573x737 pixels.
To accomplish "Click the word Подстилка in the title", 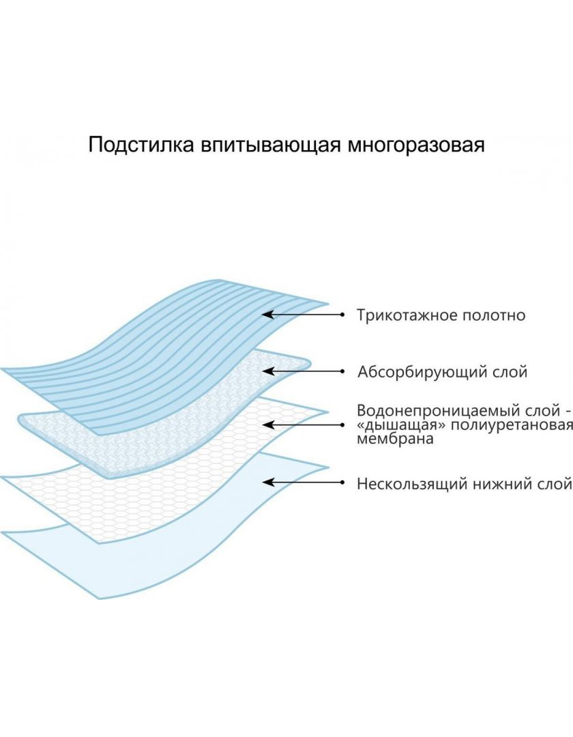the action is tap(141, 145).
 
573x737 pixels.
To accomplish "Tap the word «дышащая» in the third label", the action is tap(395, 425).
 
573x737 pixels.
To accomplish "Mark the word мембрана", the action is tap(395, 439).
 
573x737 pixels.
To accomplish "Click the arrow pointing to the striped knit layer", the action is tap(303, 315).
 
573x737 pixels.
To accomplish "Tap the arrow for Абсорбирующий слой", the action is tap(304, 371).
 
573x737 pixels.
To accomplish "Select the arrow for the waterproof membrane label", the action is tap(304, 425).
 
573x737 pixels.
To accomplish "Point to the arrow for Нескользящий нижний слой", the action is tap(304, 482).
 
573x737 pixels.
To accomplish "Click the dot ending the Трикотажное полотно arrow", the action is tap(342, 315).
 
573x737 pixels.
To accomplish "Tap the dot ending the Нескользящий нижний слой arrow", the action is tap(342, 482).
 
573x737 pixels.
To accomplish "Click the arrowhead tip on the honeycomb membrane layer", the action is tap(263, 425).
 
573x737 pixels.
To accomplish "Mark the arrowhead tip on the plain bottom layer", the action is tap(263, 482).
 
